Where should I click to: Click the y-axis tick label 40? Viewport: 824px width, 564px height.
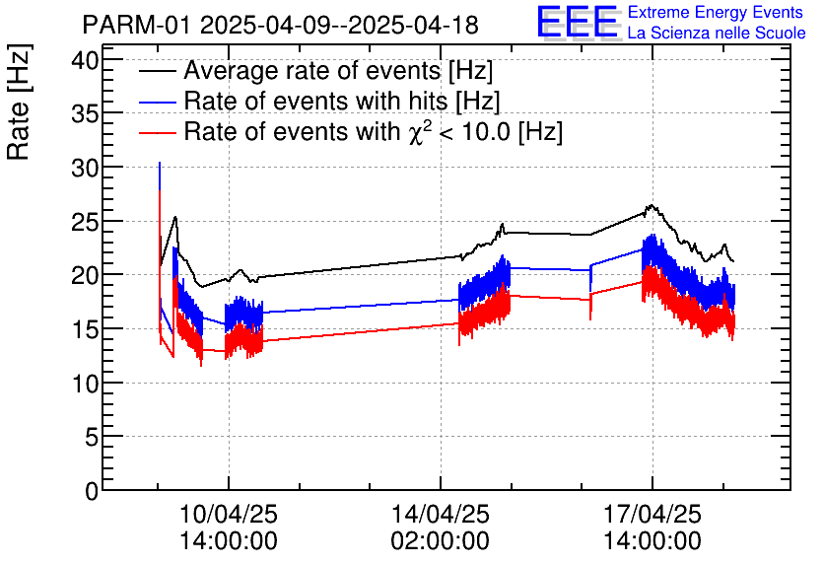click(84, 60)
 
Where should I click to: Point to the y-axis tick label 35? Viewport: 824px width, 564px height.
click(84, 114)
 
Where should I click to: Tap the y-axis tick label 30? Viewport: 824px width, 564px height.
click(84, 168)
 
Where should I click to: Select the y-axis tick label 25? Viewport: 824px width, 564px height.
click(84, 222)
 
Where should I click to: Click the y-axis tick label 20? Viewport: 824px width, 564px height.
click(84, 275)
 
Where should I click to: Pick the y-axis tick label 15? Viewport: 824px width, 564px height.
click(84, 329)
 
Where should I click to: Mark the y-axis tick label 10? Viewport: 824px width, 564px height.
click(84, 383)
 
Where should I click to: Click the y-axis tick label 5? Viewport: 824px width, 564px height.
click(91, 437)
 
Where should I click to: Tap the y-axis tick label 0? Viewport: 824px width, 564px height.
click(91, 490)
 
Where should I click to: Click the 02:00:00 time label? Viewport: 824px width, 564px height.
click(441, 540)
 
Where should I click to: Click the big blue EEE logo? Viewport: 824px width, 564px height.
click(578, 23)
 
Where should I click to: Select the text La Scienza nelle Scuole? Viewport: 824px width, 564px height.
click(717, 34)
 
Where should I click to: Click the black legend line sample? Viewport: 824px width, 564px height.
click(158, 72)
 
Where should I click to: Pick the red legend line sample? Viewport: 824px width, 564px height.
click(158, 131)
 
